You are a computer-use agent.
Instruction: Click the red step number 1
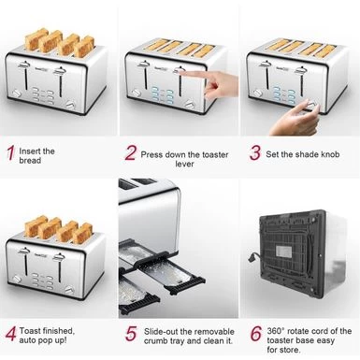click(9, 153)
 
